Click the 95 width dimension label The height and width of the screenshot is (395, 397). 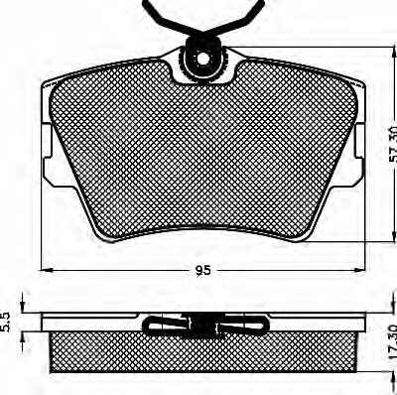coord(202,271)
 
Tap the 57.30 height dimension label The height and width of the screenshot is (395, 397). coord(392,144)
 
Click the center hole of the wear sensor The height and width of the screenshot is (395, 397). coord(203,59)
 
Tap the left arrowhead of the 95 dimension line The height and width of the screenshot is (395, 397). coord(47,269)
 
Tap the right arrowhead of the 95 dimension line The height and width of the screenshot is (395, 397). coord(358,269)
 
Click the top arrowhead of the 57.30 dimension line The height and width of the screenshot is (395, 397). coord(393,53)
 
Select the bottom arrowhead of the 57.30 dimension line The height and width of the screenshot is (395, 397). coord(393,235)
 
